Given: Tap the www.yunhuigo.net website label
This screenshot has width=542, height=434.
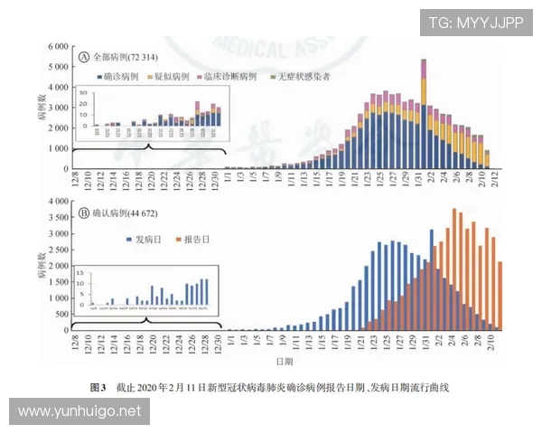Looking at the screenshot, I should click(79, 411).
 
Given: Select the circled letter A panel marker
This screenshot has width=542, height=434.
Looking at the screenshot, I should click(84, 56).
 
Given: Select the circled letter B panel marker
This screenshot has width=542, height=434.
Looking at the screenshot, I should click(84, 213).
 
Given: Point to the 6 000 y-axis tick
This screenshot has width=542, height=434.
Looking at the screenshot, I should click(57, 46).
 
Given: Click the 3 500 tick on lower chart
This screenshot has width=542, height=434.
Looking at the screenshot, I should click(57, 217).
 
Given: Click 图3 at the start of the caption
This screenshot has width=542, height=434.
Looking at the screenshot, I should click(99, 386).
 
